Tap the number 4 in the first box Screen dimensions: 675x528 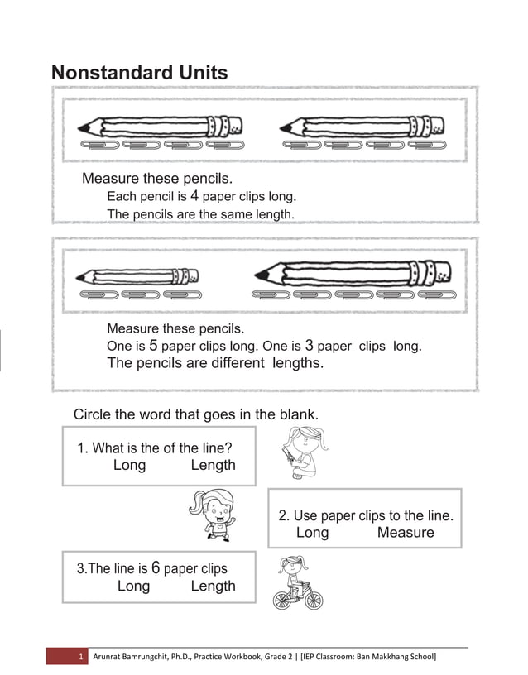pyautogui.click(x=194, y=197)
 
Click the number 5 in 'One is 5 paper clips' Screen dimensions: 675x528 pyautogui.click(x=153, y=346)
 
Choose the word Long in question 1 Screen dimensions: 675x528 pyautogui.click(x=129, y=465)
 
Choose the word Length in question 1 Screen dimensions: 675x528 pyautogui.click(x=213, y=465)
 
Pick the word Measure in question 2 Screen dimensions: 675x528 pyautogui.click(x=406, y=533)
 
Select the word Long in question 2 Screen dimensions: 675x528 pyautogui.click(x=312, y=533)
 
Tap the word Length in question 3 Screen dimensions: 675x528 pyautogui.click(x=213, y=586)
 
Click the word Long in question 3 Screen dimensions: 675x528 pyautogui.click(x=133, y=586)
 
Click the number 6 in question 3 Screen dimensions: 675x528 pyautogui.click(x=156, y=568)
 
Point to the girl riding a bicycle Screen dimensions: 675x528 pyautogui.click(x=298, y=582)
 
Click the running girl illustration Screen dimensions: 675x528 pyautogui.click(x=212, y=515)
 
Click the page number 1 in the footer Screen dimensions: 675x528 pyautogui.click(x=81, y=657)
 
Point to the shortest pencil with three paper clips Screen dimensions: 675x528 pyautogui.click(x=137, y=276)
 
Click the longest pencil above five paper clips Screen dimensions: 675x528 pyautogui.click(x=353, y=273)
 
